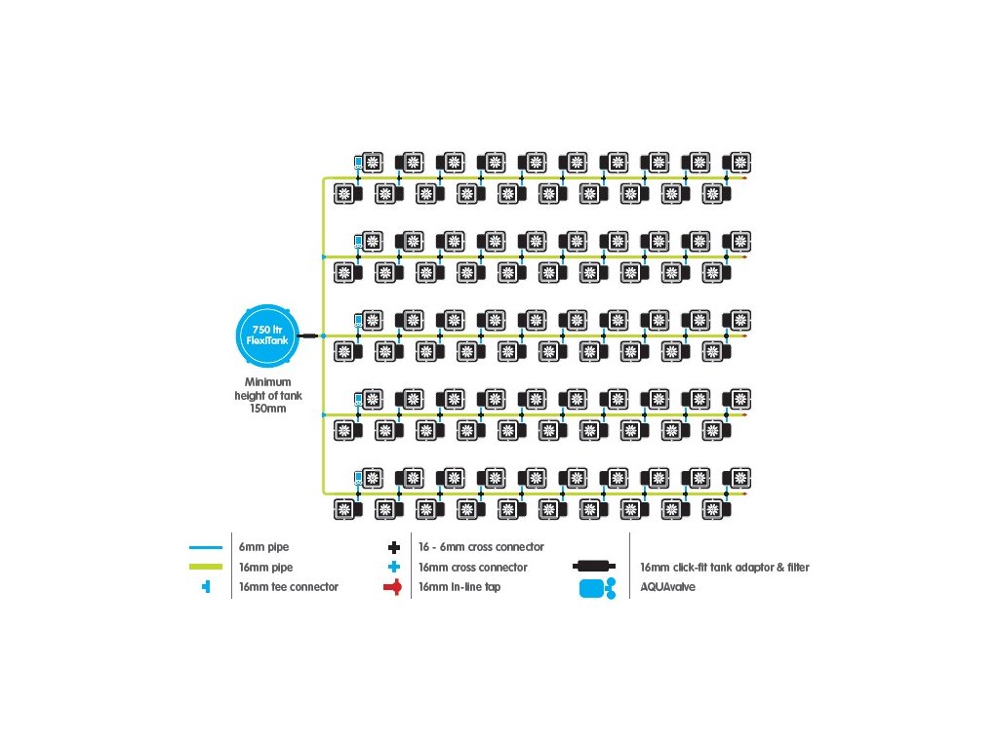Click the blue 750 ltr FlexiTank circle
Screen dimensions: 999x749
267,335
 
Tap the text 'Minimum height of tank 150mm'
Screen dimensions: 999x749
268,395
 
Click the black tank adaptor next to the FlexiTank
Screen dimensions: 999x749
308,335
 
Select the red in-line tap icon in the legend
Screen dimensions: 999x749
393,587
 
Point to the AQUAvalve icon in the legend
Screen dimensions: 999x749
597,588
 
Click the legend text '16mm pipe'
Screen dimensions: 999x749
265,567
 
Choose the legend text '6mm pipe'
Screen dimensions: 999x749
263,546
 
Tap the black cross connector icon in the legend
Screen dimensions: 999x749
394,547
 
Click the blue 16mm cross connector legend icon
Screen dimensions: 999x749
394,567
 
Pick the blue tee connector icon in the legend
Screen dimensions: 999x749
206,586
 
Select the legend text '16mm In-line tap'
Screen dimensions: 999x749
460,586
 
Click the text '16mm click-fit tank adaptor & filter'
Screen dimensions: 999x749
725,567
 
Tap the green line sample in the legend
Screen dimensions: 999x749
206,567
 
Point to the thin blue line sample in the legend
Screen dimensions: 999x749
206,547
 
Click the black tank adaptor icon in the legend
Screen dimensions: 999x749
594,566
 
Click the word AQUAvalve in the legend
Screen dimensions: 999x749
667,586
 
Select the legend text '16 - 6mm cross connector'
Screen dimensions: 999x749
481,546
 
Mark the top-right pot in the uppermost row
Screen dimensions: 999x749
738,163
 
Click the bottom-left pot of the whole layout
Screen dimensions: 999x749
348,509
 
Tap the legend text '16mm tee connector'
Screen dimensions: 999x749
289,586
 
